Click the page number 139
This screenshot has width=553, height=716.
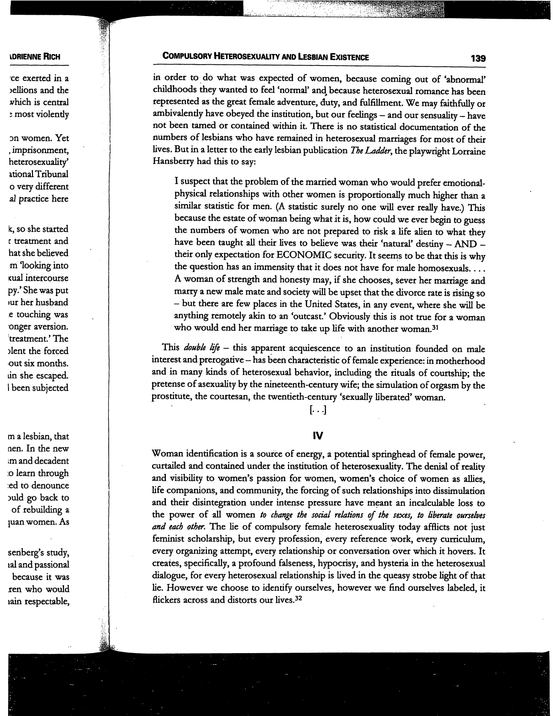click(477, 58)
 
